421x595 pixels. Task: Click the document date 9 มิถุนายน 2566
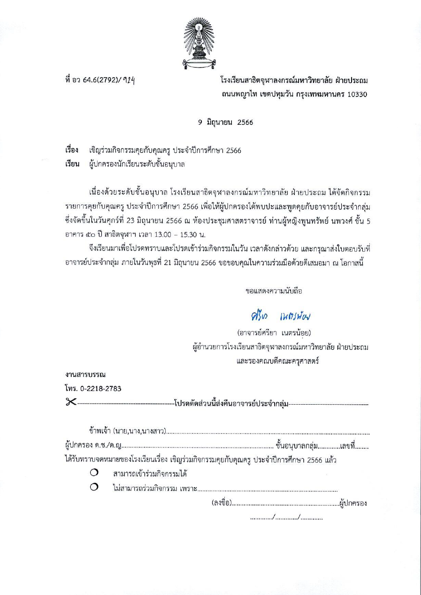click(225, 122)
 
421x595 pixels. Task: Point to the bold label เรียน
click(72, 164)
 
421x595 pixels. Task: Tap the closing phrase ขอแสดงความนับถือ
click(274, 291)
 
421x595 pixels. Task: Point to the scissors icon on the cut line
click(71, 402)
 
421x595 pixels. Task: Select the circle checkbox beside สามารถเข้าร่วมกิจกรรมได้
click(94, 474)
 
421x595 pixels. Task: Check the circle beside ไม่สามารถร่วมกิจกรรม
click(94, 488)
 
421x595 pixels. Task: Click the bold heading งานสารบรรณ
click(85, 375)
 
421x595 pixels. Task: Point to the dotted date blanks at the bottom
click(286, 518)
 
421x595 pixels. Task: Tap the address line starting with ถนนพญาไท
click(294, 94)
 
